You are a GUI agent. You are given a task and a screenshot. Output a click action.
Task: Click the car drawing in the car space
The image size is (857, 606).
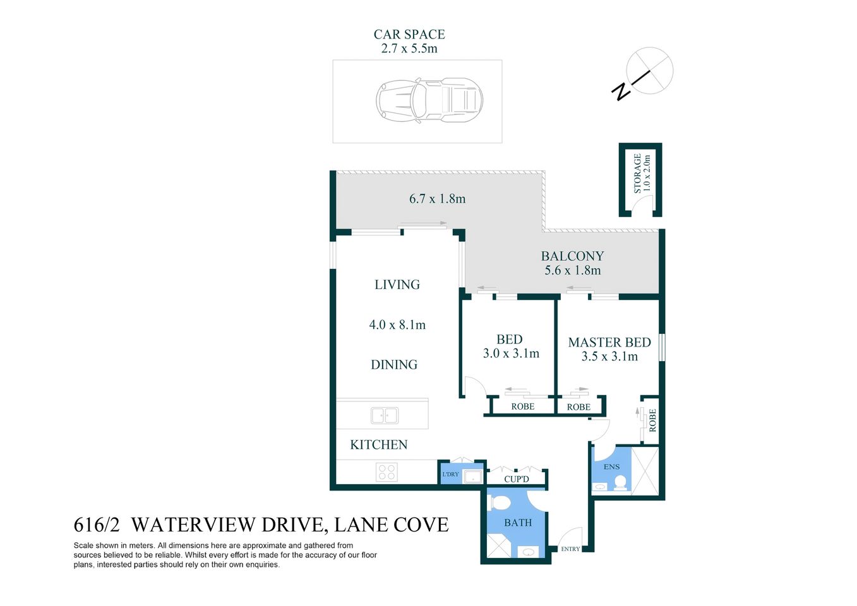coord(429,100)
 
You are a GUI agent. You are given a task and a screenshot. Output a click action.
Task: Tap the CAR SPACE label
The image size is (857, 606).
coord(409,35)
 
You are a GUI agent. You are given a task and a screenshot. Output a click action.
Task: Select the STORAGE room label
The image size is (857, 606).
coord(638,174)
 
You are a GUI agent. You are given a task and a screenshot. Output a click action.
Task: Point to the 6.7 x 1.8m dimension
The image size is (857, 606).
coord(437,199)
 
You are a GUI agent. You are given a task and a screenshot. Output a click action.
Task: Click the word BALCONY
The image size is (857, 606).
coord(572,256)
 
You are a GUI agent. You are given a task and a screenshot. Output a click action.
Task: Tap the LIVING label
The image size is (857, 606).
coord(397,285)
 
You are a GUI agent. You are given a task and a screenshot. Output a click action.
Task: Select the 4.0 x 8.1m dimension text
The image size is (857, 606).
coord(397,325)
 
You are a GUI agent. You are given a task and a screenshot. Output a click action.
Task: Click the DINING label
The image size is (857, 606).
coord(394,365)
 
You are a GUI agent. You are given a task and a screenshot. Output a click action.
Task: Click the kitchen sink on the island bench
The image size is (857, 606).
coord(385,415)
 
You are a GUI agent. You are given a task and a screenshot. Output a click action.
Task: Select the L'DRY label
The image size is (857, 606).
coord(450,474)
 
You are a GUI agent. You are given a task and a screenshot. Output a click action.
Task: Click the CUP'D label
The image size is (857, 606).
coord(517,479)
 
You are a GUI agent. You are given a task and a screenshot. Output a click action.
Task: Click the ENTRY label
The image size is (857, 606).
coord(570,549)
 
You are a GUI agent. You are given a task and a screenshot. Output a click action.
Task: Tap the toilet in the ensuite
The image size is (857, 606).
coord(620,484)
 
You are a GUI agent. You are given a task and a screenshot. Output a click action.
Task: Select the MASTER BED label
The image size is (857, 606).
coord(609,342)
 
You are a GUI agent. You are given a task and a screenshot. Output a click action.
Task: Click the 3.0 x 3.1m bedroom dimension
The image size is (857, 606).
coord(511,354)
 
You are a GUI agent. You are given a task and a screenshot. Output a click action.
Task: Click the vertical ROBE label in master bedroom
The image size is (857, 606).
coord(652,420)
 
